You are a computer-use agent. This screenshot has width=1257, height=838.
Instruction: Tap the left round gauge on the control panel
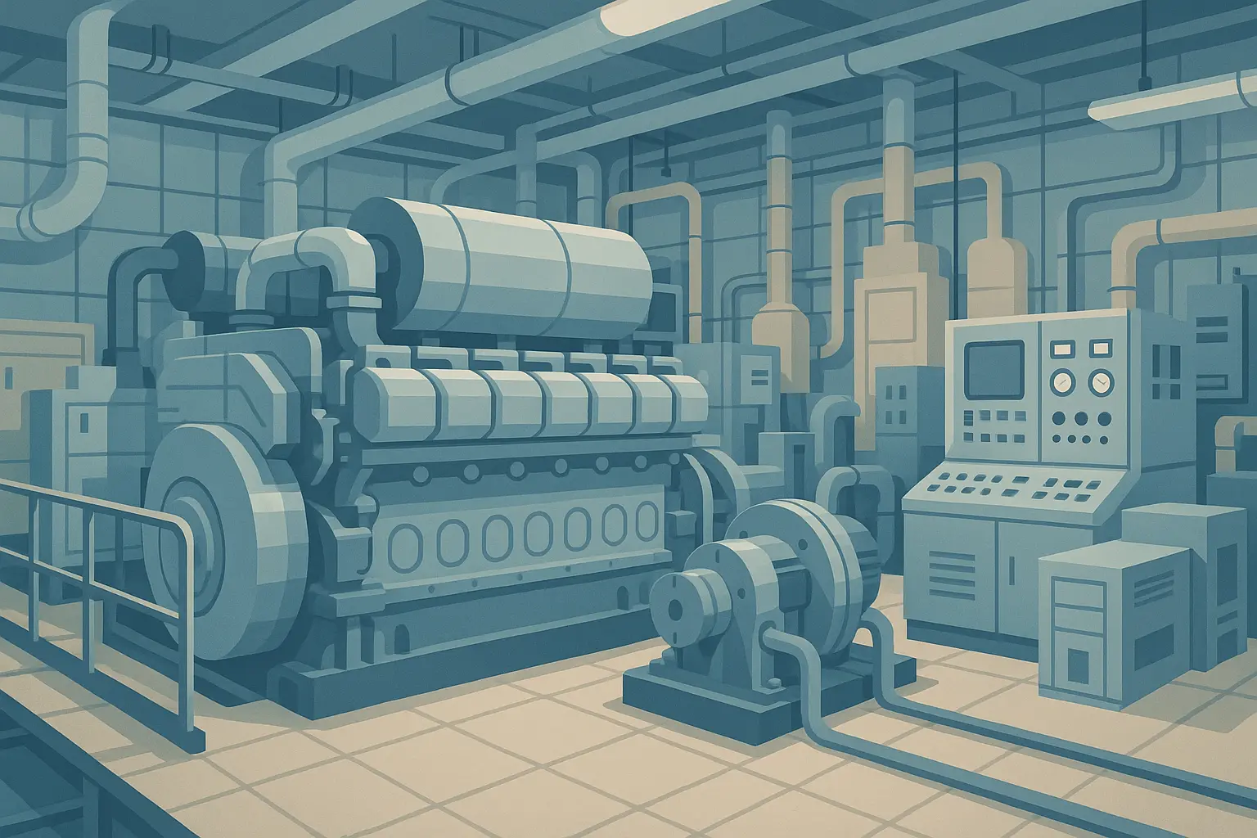click(x=1063, y=381)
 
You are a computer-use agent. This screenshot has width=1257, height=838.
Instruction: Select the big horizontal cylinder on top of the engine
click(x=507, y=262)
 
